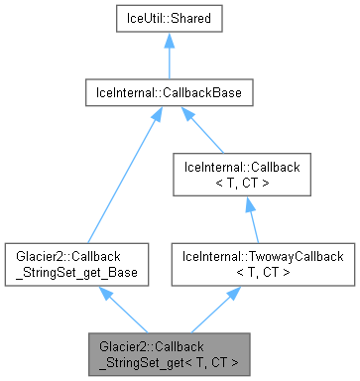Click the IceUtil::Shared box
pyautogui.click(x=168, y=20)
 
